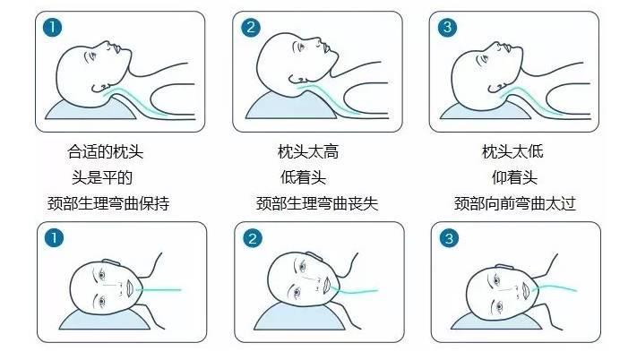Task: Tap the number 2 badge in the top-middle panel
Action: click(x=252, y=28)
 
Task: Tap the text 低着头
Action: click(x=302, y=177)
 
